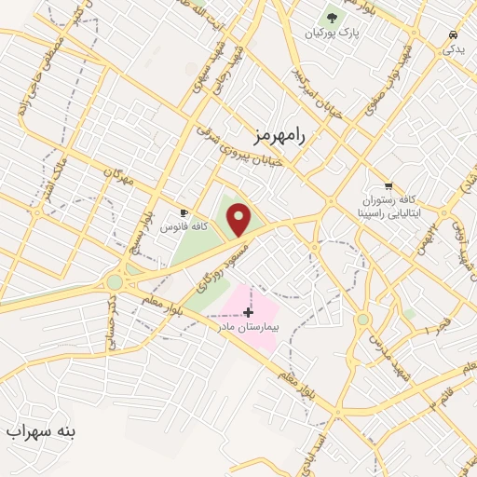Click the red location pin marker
pos(239,219)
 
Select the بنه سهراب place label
pos(43,432)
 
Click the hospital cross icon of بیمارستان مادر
pos(248,312)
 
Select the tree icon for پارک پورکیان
pos(332,17)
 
